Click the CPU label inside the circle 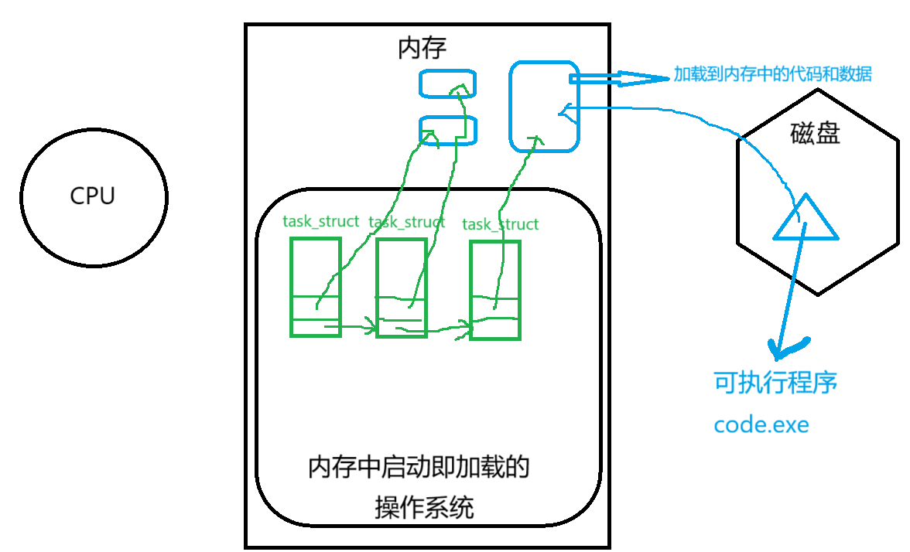92,196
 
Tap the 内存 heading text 422,49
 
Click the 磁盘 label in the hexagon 815,134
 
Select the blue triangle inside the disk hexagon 805,222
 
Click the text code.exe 761,424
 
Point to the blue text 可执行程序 775,383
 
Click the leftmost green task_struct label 320,222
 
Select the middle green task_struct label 407,223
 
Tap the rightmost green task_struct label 500,225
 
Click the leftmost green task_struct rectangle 315,287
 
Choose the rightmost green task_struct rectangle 495,290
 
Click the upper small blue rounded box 447,83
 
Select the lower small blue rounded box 447,130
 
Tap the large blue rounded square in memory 544,106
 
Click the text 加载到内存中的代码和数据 772,75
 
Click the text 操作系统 424,508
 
